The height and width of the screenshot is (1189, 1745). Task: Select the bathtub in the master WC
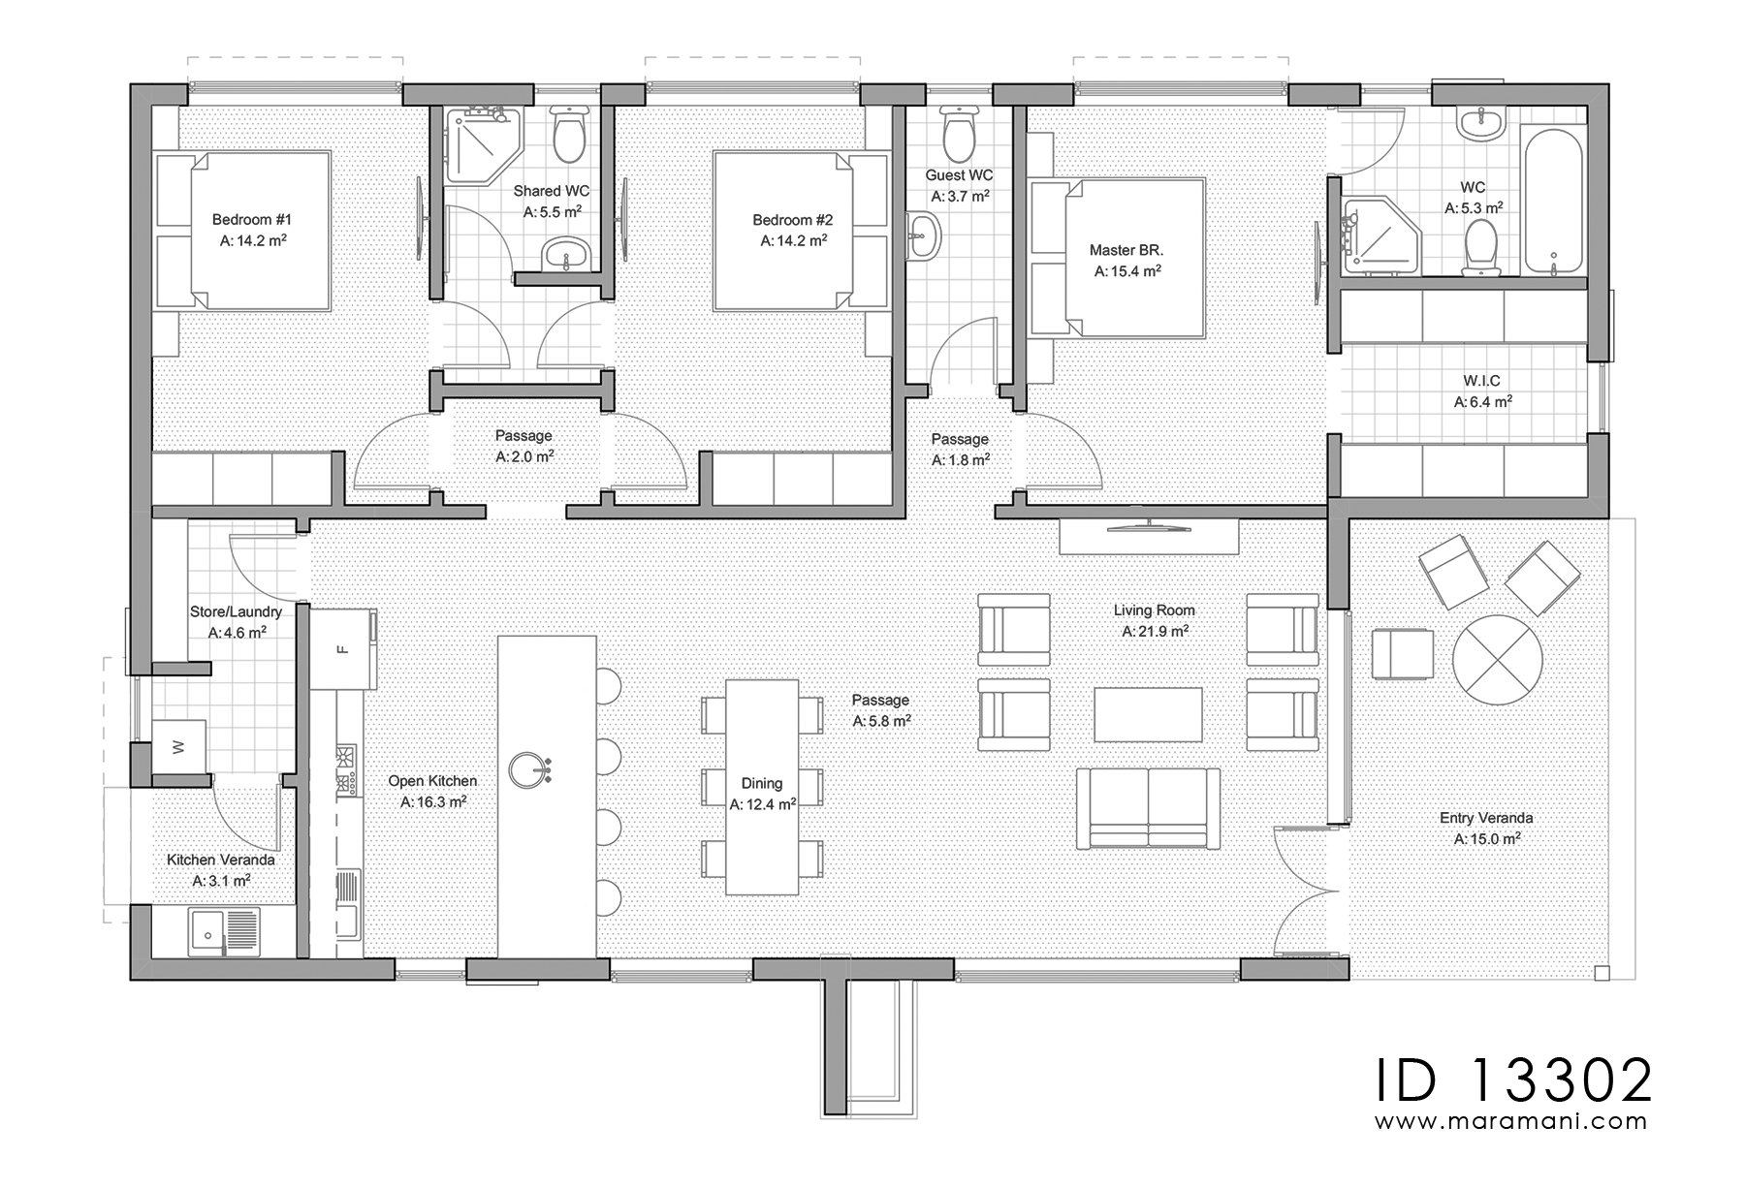[1553, 200]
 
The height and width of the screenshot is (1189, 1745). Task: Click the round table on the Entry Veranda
[1498, 664]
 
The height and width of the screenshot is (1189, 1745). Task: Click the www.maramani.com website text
[1512, 1122]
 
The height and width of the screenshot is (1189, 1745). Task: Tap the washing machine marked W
[177, 746]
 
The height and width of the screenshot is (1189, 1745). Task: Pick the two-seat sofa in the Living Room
[1149, 807]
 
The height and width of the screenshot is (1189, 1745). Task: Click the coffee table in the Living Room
[1149, 715]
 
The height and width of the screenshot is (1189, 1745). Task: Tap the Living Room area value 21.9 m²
[1156, 631]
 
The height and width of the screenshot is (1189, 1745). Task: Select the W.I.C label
[1483, 381]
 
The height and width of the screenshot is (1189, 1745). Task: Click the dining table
[762, 787]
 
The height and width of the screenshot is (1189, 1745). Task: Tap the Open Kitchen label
[432, 780]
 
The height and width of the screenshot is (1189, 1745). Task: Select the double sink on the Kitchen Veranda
[222, 931]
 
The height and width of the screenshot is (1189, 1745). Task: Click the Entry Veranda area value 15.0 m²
[1486, 839]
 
